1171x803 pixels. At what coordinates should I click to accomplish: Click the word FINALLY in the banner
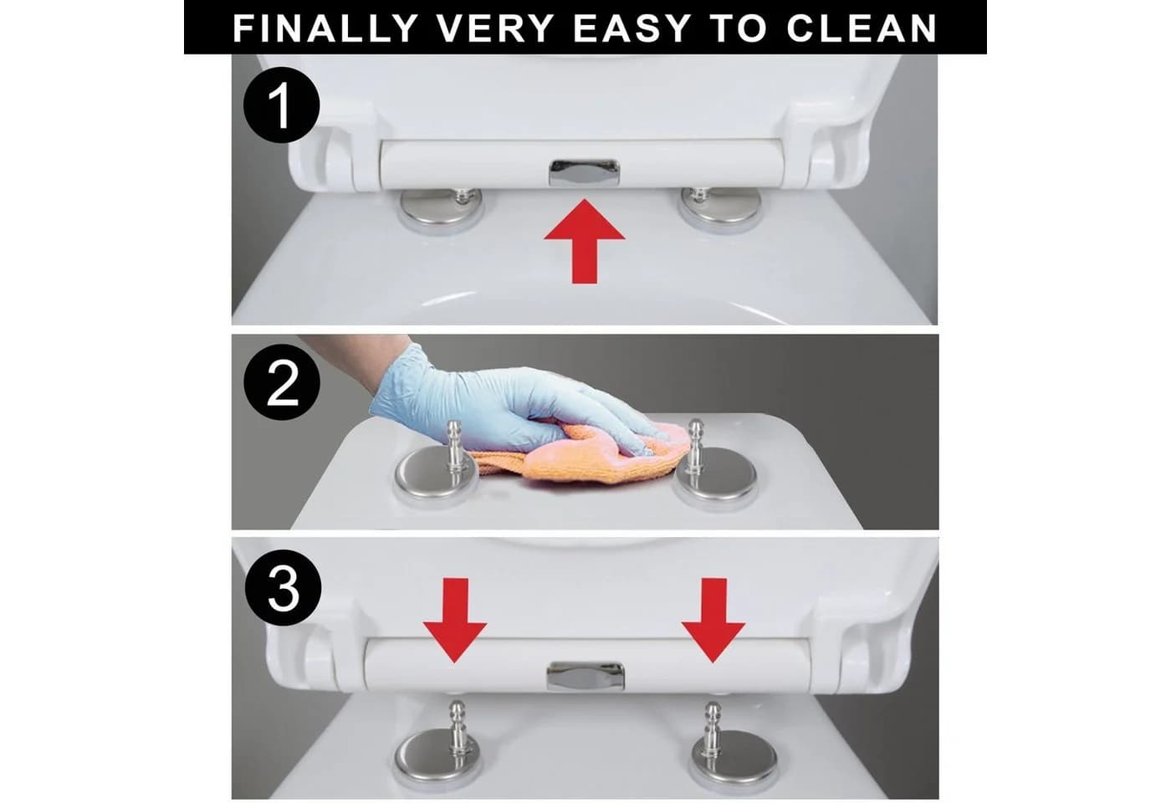[x=325, y=28]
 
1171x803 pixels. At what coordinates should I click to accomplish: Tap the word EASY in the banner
[x=632, y=28]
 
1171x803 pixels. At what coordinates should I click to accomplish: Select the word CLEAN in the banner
[x=862, y=28]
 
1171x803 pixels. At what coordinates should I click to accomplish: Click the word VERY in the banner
[x=495, y=28]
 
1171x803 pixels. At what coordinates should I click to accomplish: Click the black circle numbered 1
[x=281, y=105]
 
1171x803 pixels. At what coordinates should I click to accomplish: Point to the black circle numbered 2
[x=282, y=382]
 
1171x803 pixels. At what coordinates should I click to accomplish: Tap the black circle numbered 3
[x=283, y=587]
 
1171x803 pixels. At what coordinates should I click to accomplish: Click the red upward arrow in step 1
[x=585, y=242]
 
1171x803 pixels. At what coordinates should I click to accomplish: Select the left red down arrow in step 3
[x=455, y=620]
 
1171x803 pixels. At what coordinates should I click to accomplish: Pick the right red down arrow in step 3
[x=713, y=620]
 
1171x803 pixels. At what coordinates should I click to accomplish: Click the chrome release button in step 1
[x=584, y=173]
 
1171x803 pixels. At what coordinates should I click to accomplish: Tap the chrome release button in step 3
[x=585, y=676]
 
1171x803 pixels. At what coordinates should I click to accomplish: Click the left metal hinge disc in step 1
[x=441, y=208]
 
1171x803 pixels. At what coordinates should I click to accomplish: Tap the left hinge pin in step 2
[x=455, y=450]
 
